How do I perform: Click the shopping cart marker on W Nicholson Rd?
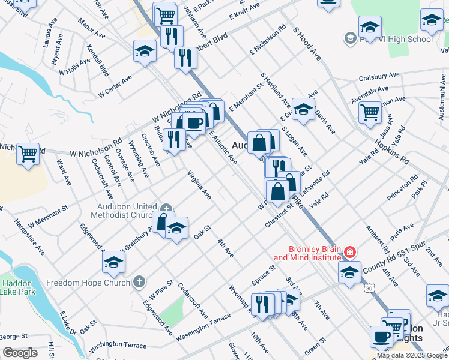click(28, 154)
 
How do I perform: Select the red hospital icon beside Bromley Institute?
click(351, 253)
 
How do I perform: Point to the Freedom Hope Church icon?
click(139, 281)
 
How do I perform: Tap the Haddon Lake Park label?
click(18, 287)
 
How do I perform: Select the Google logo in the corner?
click(20, 353)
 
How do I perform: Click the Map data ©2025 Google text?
click(412, 355)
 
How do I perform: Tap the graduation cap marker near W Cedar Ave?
click(145, 51)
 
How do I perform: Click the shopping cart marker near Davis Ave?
click(370, 112)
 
